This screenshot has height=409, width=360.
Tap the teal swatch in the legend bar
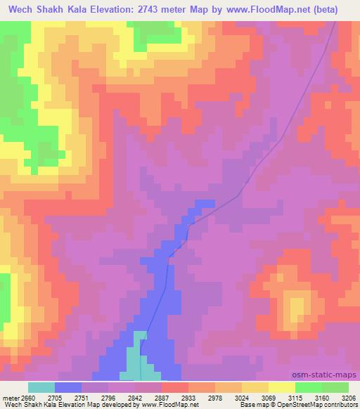coord(41,387)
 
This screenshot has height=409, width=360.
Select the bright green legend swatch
coord(308,387)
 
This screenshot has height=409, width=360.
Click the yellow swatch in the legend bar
coord(281,387)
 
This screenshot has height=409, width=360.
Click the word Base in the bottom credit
coord(247,405)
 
